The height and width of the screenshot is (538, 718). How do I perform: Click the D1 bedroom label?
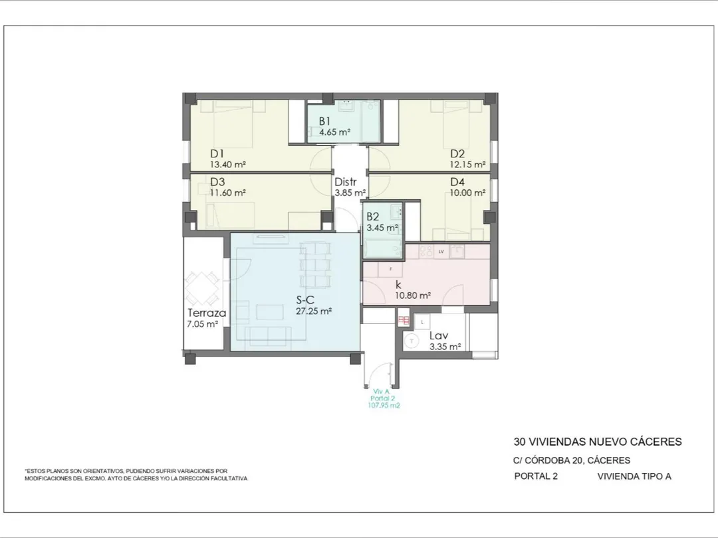(x=217, y=153)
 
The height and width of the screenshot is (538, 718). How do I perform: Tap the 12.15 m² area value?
(x=467, y=164)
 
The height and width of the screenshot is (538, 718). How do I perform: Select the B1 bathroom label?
(x=324, y=122)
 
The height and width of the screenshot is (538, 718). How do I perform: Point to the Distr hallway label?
(x=345, y=182)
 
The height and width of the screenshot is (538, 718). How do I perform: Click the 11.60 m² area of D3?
(x=227, y=193)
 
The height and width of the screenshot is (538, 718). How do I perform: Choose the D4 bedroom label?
(x=457, y=182)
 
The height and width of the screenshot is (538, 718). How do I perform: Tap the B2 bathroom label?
(x=373, y=217)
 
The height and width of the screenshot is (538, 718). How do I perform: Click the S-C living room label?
(x=305, y=300)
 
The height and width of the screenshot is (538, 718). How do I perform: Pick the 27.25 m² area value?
(x=314, y=311)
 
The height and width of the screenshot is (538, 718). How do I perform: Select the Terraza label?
(x=207, y=314)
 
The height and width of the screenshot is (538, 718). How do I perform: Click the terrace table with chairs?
(x=201, y=289)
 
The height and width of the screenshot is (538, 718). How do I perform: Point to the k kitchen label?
(x=398, y=284)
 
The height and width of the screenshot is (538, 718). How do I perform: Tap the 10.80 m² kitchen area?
(x=413, y=296)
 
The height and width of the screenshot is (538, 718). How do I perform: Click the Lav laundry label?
(x=438, y=336)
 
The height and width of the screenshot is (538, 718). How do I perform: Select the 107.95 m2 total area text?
(x=384, y=405)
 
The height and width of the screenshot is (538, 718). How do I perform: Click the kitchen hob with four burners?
(x=426, y=250)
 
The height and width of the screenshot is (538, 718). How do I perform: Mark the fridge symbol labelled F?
(x=390, y=269)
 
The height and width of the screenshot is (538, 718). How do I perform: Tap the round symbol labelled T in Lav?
(x=413, y=341)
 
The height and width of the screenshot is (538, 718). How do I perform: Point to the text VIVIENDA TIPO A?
(x=634, y=476)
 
